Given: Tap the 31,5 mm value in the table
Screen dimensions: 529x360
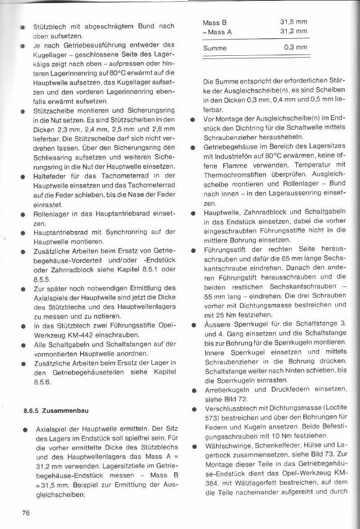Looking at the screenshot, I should tap(293, 22).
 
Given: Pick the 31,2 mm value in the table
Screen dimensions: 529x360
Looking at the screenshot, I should tap(293, 31).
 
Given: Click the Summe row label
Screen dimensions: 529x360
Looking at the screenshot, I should tap(215, 48).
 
